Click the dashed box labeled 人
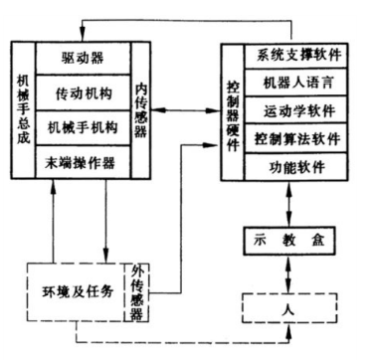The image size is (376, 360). (x=287, y=308)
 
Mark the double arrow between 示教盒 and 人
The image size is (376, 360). (x=287, y=272)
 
